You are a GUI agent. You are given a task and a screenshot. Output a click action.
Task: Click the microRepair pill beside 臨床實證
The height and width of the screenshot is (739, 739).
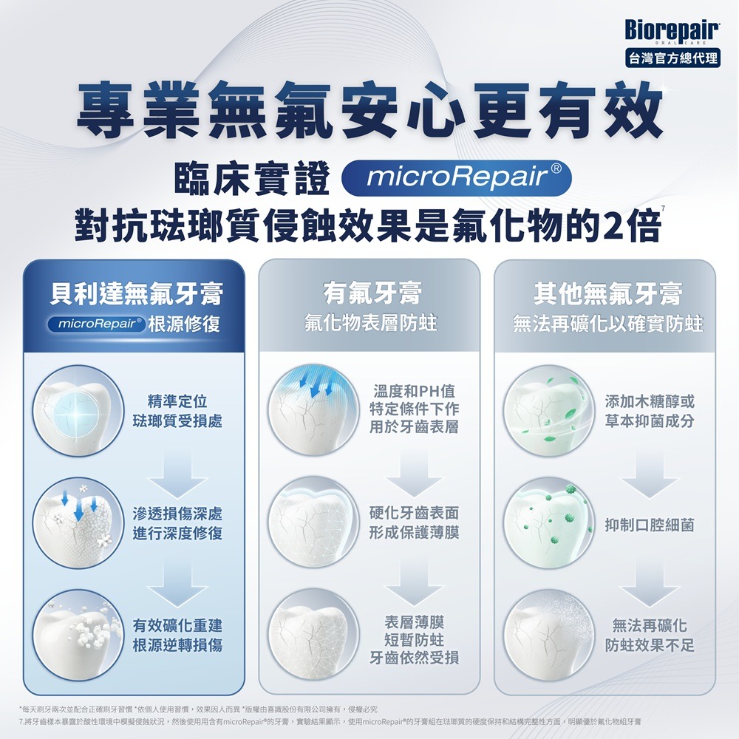click(x=457, y=178)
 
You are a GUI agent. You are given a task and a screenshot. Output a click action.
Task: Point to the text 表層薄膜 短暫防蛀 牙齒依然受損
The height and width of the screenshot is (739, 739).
click(x=414, y=638)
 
